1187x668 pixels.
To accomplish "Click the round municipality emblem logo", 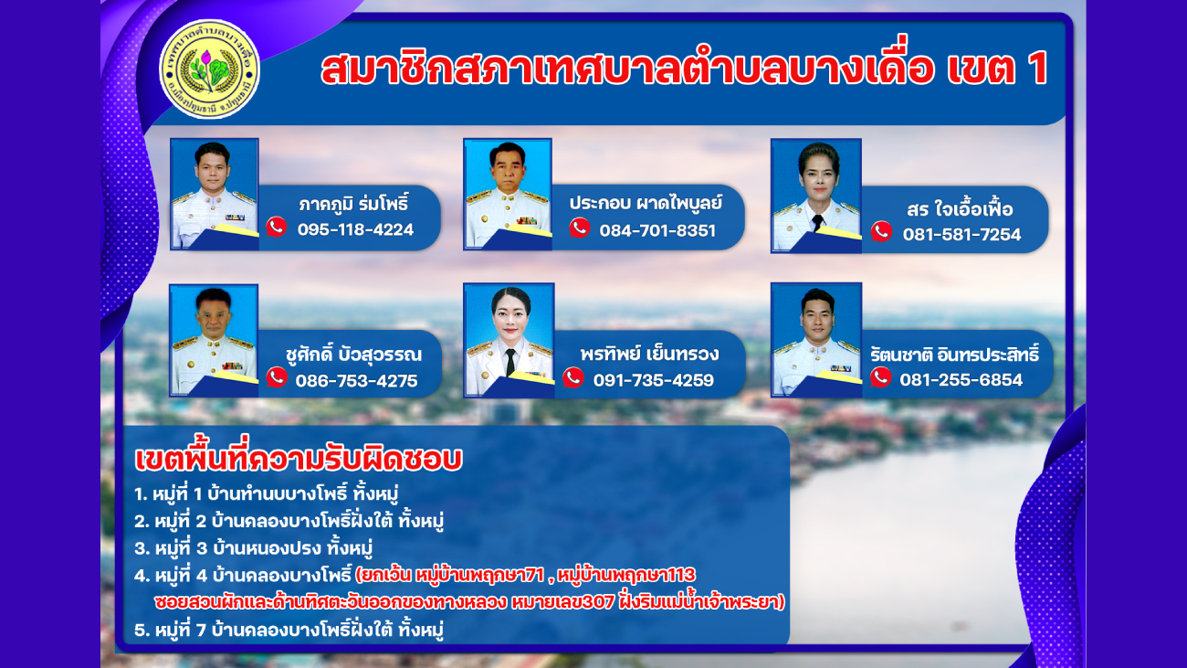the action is (x=210, y=69).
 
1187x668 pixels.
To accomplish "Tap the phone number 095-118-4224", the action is (x=355, y=229).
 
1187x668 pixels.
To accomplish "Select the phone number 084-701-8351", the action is (x=657, y=230).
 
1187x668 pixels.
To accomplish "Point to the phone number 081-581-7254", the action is (x=961, y=234).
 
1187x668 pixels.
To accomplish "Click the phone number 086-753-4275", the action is (x=356, y=381).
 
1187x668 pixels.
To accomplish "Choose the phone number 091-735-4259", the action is (x=654, y=380).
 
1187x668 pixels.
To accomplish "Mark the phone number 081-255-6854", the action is (x=961, y=379).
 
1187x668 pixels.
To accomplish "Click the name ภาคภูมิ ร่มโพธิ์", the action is (x=354, y=204).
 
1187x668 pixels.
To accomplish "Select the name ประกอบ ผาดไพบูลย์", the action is (x=646, y=203).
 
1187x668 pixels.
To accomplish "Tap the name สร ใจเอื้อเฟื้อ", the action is (x=960, y=209).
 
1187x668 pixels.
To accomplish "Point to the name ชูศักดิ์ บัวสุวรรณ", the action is (x=353, y=355).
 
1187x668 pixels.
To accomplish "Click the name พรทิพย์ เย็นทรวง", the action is (x=649, y=354).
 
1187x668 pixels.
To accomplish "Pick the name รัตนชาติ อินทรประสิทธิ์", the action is (x=954, y=355).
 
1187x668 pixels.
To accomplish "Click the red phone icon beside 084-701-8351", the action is (x=580, y=228).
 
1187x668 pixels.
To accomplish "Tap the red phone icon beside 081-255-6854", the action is (x=880, y=376).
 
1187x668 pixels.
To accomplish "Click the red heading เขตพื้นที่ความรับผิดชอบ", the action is (x=299, y=459).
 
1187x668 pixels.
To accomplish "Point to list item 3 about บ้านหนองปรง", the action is (x=253, y=548).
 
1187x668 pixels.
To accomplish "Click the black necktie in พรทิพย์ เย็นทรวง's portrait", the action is (x=509, y=362).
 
